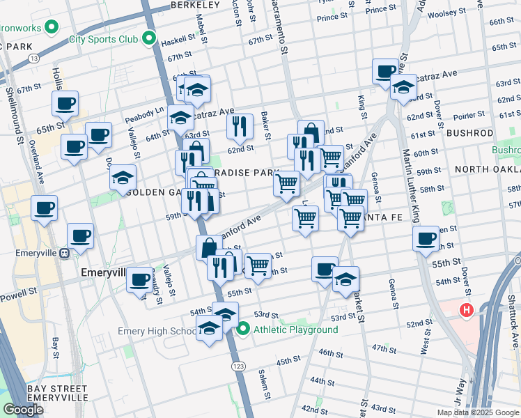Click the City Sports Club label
tap(103, 39)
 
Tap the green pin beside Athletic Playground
tap(243, 329)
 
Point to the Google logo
tap(23, 410)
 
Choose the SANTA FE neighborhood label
tap(380, 218)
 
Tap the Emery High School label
tap(157, 331)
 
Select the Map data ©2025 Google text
tap(478, 412)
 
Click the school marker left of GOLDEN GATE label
tap(123, 177)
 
